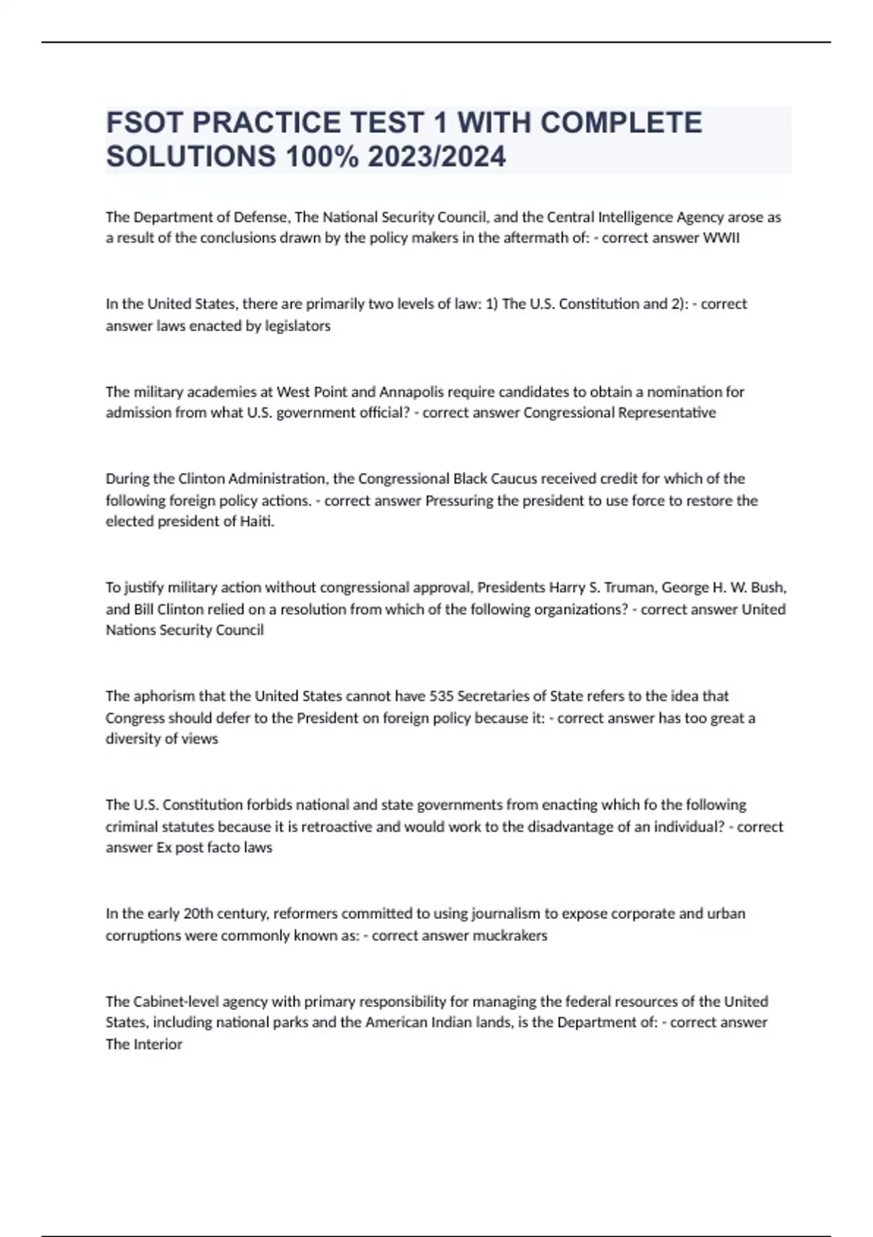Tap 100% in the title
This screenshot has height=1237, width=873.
[322, 156]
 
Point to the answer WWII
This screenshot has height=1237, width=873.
[721, 238]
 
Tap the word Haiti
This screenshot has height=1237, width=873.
[257, 521]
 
